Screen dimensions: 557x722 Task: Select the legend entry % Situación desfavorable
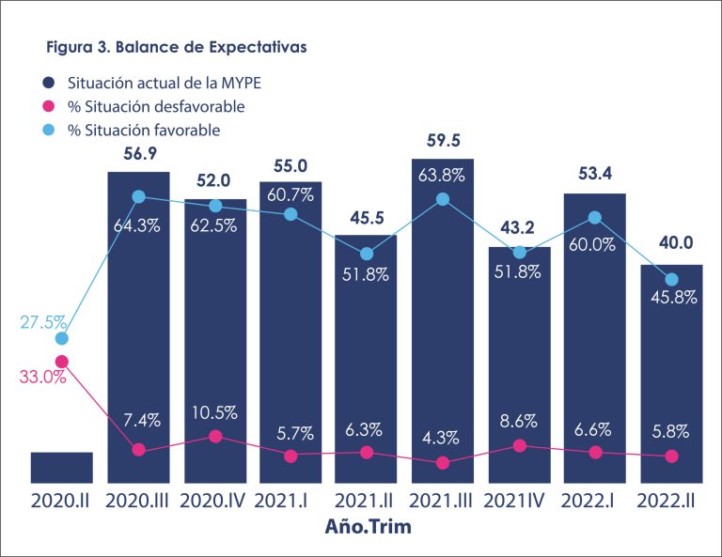(x=155, y=106)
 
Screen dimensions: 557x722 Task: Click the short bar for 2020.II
(x=61, y=467)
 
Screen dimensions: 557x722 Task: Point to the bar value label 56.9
(x=138, y=155)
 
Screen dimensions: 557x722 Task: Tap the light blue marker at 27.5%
(x=62, y=338)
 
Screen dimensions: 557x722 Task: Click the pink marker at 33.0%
(x=62, y=362)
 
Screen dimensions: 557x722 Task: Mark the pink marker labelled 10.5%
(x=215, y=437)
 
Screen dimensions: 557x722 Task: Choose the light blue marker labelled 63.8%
(x=443, y=199)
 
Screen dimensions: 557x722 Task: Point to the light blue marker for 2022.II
(x=671, y=279)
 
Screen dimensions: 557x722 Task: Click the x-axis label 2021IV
(x=518, y=500)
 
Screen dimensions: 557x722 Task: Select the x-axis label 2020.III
(x=138, y=500)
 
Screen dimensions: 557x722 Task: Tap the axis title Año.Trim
(x=367, y=527)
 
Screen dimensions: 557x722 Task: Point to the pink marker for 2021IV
(x=519, y=446)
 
